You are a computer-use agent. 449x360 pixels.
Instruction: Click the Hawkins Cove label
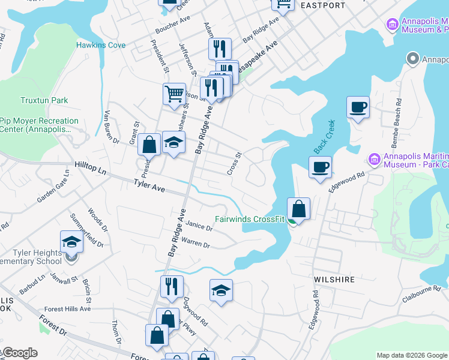pos(101,45)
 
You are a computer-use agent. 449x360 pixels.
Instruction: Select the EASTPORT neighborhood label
pos(323,5)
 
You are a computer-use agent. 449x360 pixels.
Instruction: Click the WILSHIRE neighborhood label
pos(334,280)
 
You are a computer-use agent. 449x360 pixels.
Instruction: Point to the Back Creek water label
pos(324,137)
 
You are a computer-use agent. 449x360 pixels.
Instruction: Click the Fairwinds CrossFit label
pos(250,220)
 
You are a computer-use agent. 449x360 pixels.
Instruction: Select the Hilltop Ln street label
pos(90,167)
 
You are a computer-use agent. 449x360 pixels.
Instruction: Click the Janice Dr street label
pos(199,226)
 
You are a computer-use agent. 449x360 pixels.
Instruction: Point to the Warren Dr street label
pos(196,244)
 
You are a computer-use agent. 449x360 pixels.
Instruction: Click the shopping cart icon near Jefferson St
pos(174,93)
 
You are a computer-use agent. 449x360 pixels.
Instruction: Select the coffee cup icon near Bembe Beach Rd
pos(358,107)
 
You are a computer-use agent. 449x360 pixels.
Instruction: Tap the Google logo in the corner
pos(20,353)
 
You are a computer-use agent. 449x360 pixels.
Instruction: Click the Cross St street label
pos(234,163)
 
